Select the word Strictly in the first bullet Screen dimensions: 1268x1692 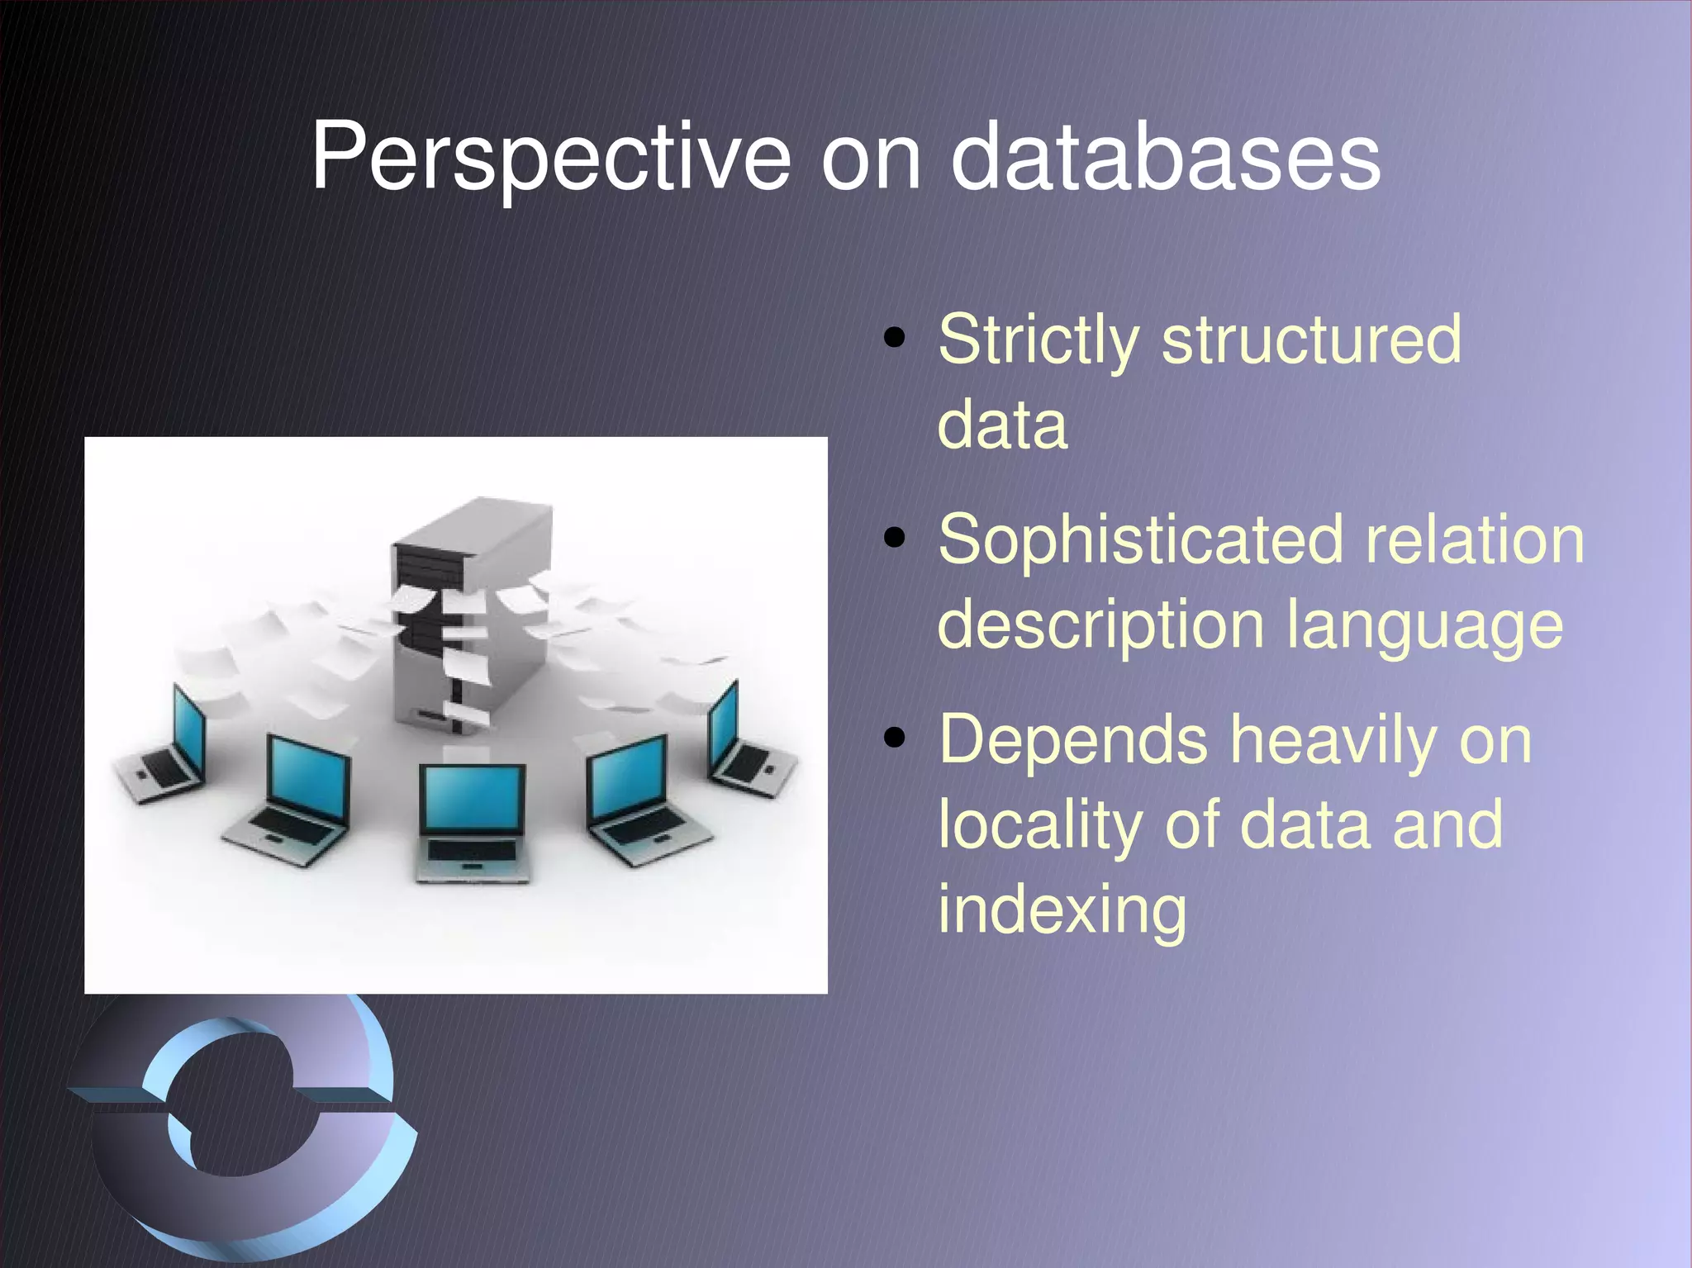[x=1038, y=340]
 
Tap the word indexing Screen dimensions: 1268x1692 [x=1062, y=912]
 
